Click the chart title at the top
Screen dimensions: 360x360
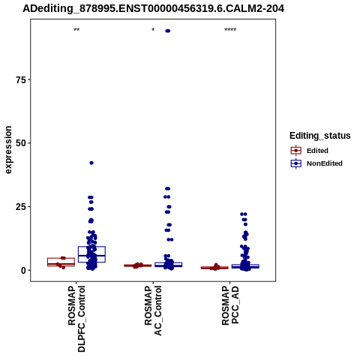tap(153, 9)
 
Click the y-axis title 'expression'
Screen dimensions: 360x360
tap(8, 150)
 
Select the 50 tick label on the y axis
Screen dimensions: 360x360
tap(21, 143)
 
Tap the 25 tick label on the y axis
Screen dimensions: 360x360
tap(21, 207)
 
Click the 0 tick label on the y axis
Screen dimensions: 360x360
tap(23, 270)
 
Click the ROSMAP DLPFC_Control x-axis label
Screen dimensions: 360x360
tap(76, 319)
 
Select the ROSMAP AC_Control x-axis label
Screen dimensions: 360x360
tap(153, 310)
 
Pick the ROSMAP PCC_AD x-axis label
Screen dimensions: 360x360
tap(230, 305)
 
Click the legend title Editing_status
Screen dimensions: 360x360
tap(320, 136)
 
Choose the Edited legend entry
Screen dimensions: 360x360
tap(310, 151)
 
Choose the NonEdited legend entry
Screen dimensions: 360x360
tap(316, 163)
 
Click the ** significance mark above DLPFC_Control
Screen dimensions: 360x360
tap(76, 30)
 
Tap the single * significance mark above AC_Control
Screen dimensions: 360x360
tap(153, 30)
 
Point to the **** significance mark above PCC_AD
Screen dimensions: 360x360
tap(230, 30)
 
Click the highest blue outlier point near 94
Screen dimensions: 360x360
tap(168, 31)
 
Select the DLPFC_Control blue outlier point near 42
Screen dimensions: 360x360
tap(91, 163)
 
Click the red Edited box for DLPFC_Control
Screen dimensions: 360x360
tap(61, 262)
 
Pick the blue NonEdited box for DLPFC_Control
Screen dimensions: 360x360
tap(91, 254)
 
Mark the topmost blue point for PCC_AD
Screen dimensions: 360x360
tap(244, 214)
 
